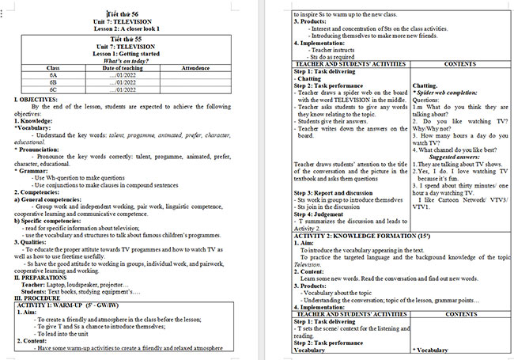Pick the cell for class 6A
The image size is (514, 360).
53,74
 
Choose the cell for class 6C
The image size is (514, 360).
53,89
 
